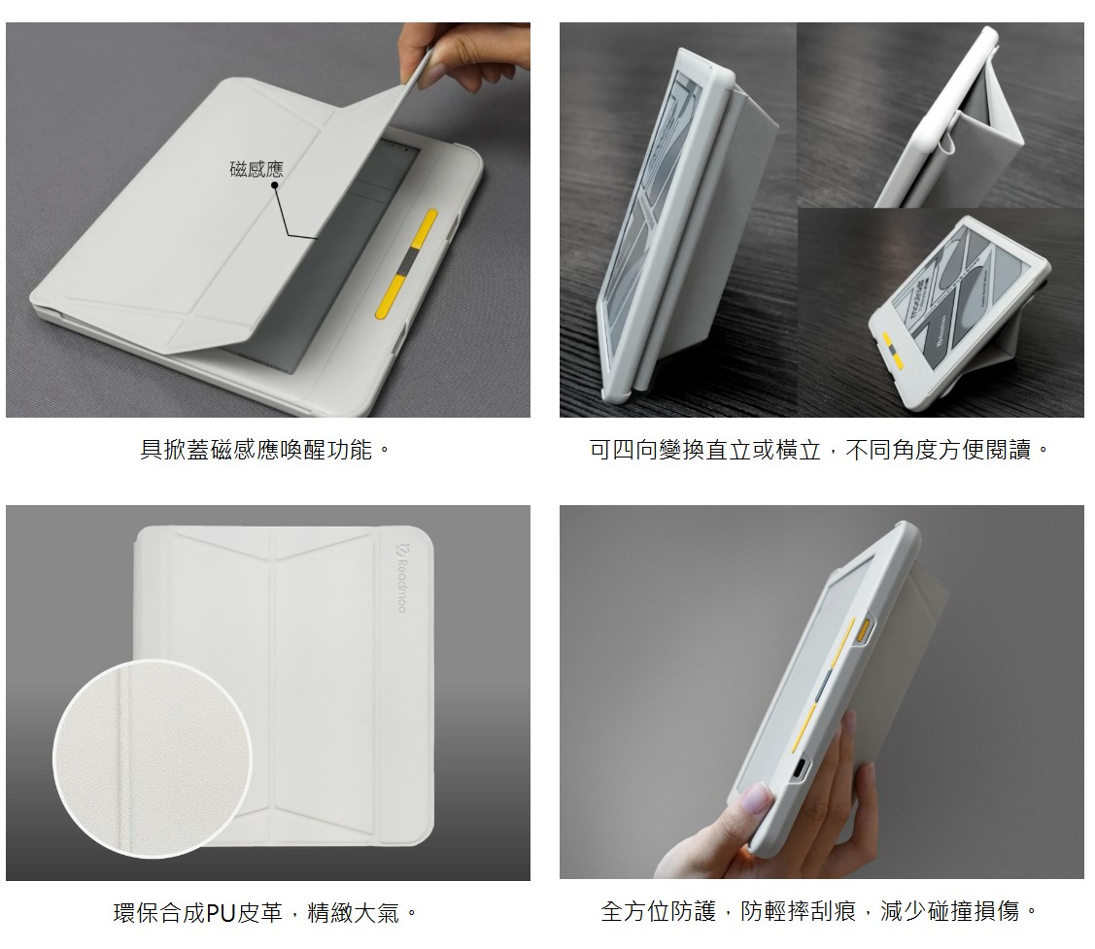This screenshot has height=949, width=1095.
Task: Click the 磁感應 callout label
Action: (257, 169)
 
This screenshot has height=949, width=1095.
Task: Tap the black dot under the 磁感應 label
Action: (274, 186)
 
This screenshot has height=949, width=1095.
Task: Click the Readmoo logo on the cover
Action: (401, 578)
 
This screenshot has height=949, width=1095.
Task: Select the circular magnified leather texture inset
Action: (152, 759)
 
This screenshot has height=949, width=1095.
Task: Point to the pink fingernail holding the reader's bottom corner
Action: (758, 796)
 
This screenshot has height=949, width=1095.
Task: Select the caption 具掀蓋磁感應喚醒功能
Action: (256, 450)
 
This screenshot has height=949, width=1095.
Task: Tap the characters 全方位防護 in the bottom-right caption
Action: (658, 910)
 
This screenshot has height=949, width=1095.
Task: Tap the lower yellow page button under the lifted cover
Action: (391, 297)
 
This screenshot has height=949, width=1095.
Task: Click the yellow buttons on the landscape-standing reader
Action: (894, 349)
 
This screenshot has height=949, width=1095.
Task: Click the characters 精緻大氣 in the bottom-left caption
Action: (353, 912)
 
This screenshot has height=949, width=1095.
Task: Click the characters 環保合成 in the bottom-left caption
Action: (160, 912)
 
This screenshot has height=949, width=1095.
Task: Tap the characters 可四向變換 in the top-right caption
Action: (647, 450)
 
